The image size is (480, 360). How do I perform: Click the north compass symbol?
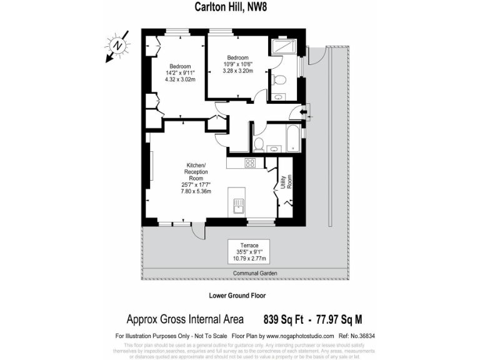click(117, 46)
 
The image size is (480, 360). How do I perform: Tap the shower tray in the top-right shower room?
click(285, 48)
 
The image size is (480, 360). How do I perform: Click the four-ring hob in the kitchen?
click(249, 163)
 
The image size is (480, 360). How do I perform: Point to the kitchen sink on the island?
click(239, 204)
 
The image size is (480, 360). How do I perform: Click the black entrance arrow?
click(304, 112)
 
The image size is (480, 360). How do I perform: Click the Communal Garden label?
click(255, 274)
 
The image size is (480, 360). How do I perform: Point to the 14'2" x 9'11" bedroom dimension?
click(179, 73)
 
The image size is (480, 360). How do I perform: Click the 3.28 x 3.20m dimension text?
click(239, 71)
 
